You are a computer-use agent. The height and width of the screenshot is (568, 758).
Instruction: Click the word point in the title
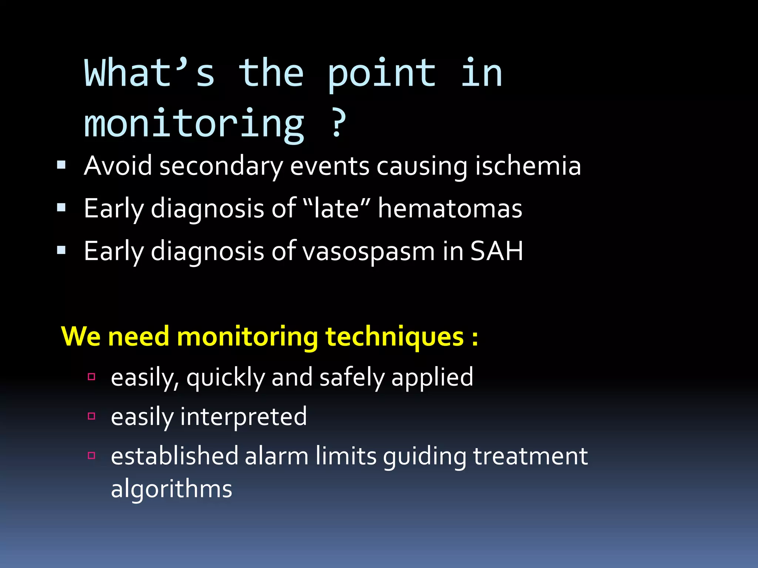coord(382,74)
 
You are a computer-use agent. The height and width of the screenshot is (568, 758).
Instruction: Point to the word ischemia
coord(528,166)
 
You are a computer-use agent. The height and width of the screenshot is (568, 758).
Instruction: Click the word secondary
coord(221,166)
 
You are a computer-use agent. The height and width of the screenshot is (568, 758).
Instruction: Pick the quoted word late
coord(336,208)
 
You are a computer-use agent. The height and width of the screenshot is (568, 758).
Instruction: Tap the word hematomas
coord(450,208)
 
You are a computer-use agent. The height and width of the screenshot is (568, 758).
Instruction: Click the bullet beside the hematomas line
coord(61,207)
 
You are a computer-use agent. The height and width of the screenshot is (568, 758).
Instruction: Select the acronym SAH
coord(497,251)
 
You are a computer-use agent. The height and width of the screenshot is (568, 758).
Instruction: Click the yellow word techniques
coord(395,337)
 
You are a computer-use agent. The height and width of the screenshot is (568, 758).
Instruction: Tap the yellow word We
coord(81,337)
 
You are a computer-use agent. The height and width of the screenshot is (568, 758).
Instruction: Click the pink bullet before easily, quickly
coord(92,377)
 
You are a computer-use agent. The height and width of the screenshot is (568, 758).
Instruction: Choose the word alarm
coord(276,456)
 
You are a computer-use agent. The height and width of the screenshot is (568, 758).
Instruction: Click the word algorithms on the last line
coord(171,489)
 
